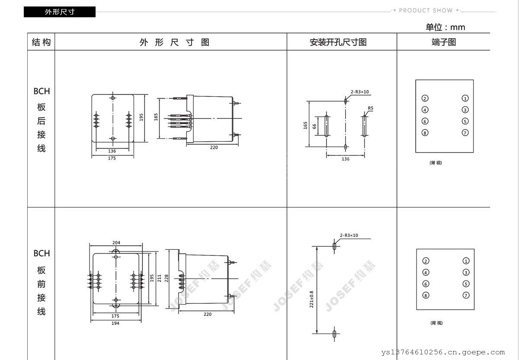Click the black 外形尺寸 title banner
(60, 12)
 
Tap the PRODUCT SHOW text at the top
(426, 10)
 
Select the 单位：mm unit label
(445, 27)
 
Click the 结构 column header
(41, 42)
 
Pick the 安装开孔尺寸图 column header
(338, 42)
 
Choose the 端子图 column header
(444, 42)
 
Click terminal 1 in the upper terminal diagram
(465, 99)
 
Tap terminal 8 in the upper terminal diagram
(425, 133)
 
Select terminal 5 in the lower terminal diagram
(466, 284)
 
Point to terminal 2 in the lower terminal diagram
(426, 261)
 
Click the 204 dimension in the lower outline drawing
(116, 242)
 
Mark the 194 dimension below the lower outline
(115, 323)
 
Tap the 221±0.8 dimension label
(311, 299)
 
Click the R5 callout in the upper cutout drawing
(371, 108)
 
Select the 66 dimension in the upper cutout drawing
(314, 126)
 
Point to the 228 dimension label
(167, 278)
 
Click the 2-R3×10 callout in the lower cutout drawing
(349, 236)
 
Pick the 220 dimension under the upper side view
(214, 147)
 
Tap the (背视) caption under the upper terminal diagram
(436, 163)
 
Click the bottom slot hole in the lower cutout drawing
(334, 334)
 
